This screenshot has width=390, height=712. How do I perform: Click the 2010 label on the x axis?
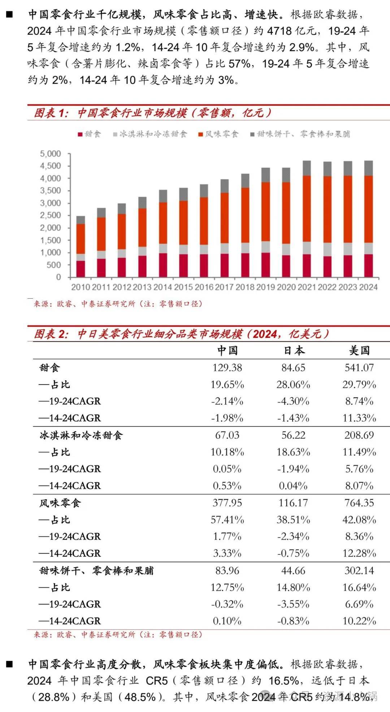[81, 287]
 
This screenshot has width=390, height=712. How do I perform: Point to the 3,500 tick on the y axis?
[51, 190]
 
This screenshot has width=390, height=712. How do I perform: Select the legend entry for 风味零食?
[218, 134]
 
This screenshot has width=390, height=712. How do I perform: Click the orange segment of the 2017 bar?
[225, 217]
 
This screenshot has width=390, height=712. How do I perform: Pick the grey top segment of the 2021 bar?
[307, 168]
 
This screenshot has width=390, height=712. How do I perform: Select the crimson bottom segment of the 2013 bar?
[142, 266]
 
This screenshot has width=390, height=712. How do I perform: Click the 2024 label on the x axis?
[368, 287]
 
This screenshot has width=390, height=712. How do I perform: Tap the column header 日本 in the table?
[294, 350]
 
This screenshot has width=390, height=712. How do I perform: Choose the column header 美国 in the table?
[359, 350]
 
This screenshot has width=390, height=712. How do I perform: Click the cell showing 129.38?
[227, 368]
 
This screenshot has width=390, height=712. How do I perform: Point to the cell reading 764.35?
[359, 503]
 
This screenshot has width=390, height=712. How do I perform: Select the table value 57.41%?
[227, 520]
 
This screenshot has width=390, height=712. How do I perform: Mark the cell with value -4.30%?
[293, 401]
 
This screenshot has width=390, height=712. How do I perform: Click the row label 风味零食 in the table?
[60, 503]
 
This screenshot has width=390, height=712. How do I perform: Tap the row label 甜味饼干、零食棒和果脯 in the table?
[97, 571]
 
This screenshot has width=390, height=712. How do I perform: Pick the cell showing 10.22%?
[359, 621]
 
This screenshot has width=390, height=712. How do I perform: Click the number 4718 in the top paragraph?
[279, 31]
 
